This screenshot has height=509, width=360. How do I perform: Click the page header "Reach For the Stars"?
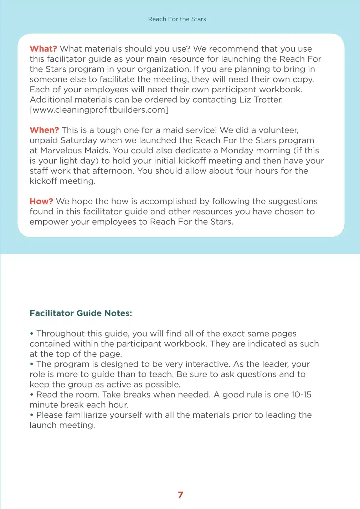coord(177,19)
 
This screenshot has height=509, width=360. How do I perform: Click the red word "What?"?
coord(43,49)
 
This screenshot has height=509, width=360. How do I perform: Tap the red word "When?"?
coord(44,130)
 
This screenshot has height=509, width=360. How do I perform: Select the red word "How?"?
coord(41,201)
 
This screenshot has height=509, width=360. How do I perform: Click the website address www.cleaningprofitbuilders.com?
coord(99,110)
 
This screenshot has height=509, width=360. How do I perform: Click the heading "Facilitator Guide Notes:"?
coord(81,313)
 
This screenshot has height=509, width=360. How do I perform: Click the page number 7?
coord(180,495)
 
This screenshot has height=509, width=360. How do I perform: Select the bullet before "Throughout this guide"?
coord(32,334)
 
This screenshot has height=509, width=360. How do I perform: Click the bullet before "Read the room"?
coord(32,395)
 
